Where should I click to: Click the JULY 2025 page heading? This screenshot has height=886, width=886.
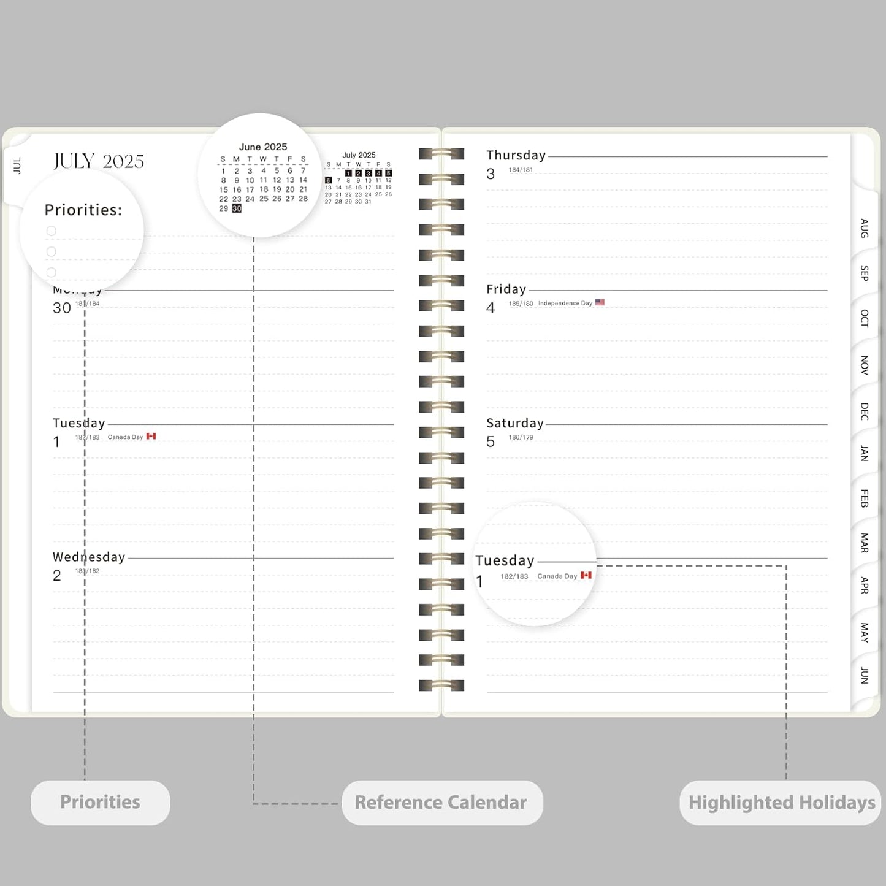tap(99, 161)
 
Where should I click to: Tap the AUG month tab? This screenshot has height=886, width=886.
tap(864, 228)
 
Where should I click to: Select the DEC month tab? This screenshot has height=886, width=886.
tap(864, 411)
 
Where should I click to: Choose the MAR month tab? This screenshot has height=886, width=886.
tap(864, 543)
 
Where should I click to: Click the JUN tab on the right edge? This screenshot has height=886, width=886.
tap(864, 675)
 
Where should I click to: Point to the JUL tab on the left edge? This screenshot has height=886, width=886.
tap(17, 166)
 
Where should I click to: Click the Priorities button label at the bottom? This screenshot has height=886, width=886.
tap(100, 802)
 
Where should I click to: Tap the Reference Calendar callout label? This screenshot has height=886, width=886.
tap(441, 802)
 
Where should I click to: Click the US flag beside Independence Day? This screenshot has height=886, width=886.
tap(600, 302)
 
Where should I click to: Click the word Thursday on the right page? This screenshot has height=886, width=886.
tap(516, 155)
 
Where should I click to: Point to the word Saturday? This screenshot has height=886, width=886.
tap(515, 423)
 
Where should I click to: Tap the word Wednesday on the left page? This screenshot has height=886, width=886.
tap(89, 557)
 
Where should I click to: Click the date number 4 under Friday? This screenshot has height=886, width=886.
tap(491, 308)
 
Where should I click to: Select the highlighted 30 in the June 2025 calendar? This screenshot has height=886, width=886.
tap(237, 208)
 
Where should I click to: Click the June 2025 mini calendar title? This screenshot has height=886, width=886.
tap(263, 147)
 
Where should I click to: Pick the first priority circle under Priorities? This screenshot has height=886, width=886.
tap(52, 231)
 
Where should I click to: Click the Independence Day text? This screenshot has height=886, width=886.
tap(565, 303)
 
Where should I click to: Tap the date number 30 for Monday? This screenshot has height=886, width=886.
tap(62, 308)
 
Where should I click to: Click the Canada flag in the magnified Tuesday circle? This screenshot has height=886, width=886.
tap(586, 575)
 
